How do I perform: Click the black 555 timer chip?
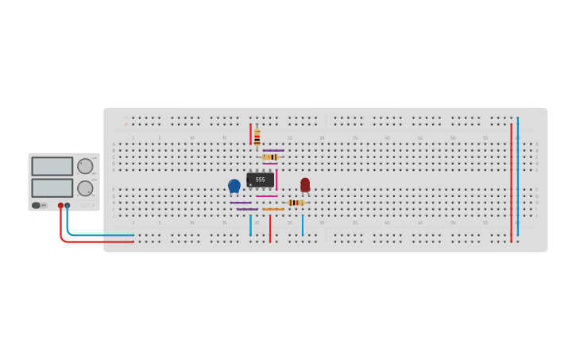(260, 180)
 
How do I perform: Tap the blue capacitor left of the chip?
(234, 186)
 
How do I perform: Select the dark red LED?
(305, 184)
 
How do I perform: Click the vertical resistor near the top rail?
(257, 137)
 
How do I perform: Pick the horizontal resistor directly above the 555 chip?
(269, 157)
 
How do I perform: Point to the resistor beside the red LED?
(296, 203)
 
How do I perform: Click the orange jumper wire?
(273, 209)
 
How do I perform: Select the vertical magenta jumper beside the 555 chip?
(276, 180)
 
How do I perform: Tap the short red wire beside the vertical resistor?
(250, 134)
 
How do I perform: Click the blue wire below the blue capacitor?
(250, 225)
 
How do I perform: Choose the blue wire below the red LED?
(302, 225)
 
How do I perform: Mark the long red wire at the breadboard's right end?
(511, 183)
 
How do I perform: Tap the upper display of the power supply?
(52, 166)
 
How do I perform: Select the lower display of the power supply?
(52, 188)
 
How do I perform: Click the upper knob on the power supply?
(85, 166)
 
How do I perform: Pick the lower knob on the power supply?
(85, 188)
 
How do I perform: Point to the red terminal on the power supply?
(60, 205)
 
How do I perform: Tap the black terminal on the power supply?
(68, 205)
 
